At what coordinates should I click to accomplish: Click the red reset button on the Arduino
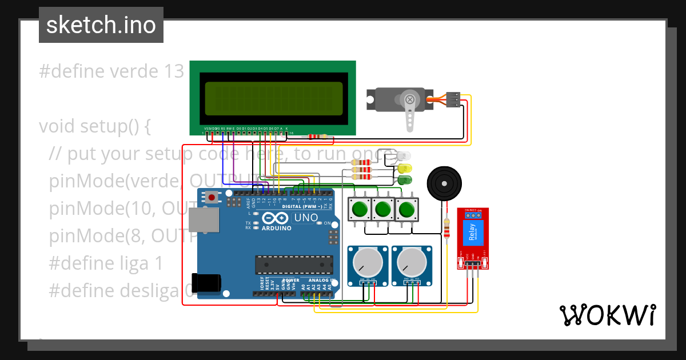pos(212,198)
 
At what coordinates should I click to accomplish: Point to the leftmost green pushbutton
pos(360,209)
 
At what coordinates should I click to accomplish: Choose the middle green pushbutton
pos(383,209)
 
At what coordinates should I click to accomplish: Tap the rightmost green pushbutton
pos(406,209)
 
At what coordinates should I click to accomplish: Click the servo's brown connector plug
pos(453,99)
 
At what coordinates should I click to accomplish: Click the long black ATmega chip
pos(294,265)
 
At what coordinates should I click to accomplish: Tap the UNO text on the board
pos(306,218)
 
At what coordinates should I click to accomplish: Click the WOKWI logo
pos(607,315)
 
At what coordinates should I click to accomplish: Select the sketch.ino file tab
pos(101,25)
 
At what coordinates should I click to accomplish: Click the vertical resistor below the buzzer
pos(446,230)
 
